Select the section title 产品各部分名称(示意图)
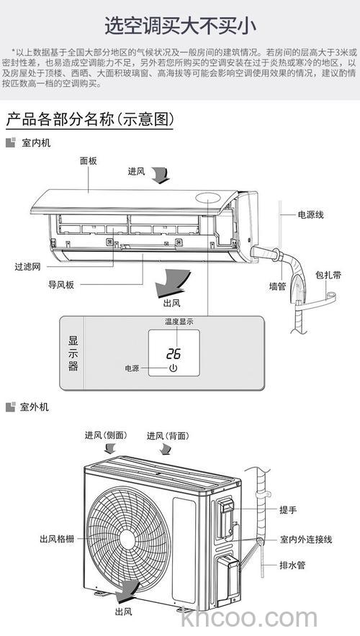click(x=89, y=119)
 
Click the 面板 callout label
click(x=89, y=161)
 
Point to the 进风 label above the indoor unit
click(x=137, y=171)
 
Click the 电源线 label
click(x=310, y=215)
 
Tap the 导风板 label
click(x=61, y=285)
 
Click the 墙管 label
click(x=277, y=286)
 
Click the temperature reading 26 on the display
click(x=173, y=354)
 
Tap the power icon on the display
click(x=173, y=368)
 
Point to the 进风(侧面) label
click(x=105, y=436)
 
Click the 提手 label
click(x=288, y=509)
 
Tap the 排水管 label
click(x=292, y=565)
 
